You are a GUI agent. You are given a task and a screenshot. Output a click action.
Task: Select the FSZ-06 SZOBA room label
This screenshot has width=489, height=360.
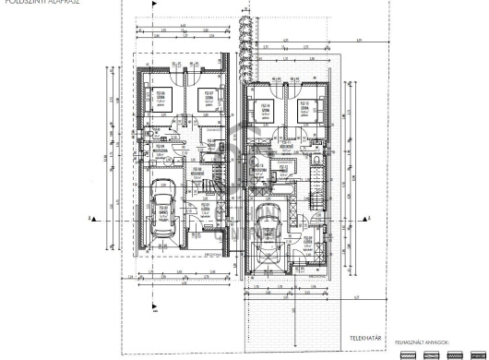[x=161, y=95]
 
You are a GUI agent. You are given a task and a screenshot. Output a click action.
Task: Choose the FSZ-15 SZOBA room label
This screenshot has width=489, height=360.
[x=307, y=108]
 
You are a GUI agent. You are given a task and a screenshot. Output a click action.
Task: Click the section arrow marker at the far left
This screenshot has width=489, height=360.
[x=90, y=219]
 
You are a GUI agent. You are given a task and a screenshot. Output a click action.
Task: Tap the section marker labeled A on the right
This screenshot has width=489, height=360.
[x=370, y=219]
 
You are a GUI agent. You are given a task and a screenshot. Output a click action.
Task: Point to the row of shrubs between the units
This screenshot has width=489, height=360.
[x=244, y=46]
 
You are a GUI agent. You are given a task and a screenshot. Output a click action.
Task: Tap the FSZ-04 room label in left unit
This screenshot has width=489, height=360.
[x=160, y=147]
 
